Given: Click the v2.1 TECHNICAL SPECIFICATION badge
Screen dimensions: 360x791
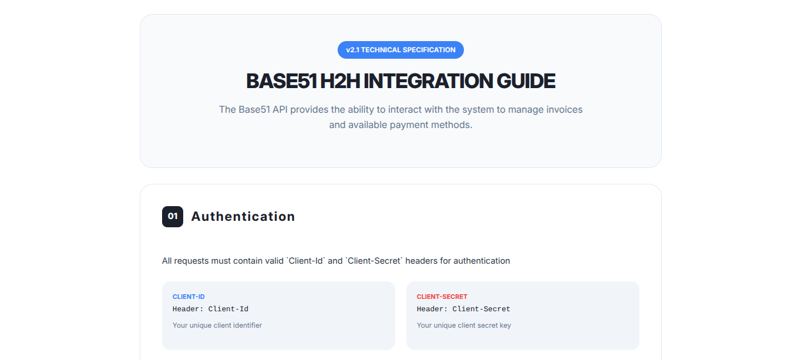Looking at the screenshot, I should pyautogui.click(x=400, y=50).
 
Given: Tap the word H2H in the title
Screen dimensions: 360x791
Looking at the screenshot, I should pyautogui.click(x=340, y=81).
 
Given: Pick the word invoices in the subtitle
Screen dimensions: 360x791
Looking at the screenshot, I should pyautogui.click(x=563, y=110).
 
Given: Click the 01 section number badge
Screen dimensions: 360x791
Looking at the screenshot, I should pyautogui.click(x=173, y=217).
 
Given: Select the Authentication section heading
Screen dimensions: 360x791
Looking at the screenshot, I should pyautogui.click(x=243, y=217).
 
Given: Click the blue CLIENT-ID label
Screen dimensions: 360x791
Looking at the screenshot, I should pyautogui.click(x=189, y=297).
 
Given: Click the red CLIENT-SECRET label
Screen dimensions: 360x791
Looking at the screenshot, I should pyautogui.click(x=442, y=297).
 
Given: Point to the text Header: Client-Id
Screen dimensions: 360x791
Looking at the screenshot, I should pyautogui.click(x=210, y=309).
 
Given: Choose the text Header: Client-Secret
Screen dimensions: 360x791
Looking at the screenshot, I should pyautogui.click(x=463, y=309).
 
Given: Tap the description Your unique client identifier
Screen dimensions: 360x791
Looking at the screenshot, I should pyautogui.click(x=217, y=325).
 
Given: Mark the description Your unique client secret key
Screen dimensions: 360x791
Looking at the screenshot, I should pyautogui.click(x=464, y=325).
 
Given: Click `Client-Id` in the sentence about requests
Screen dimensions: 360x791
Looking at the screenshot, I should pyautogui.click(x=305, y=261).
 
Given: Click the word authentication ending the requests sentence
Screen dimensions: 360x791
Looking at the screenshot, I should pyautogui.click(x=482, y=261).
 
